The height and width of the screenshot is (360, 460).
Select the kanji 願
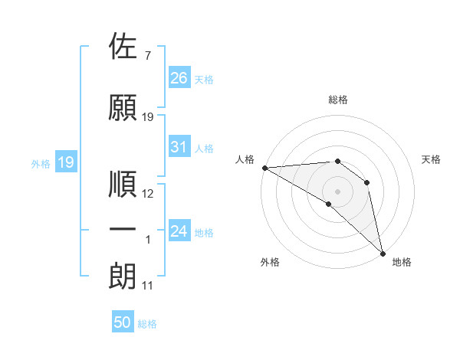click(x=123, y=108)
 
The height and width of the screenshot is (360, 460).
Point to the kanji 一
click(x=123, y=231)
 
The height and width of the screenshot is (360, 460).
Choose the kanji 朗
click(x=123, y=276)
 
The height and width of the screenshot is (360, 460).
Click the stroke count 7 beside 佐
click(x=147, y=56)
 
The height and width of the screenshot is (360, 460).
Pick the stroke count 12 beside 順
click(x=148, y=194)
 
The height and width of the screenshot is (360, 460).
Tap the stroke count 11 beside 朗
click(x=147, y=286)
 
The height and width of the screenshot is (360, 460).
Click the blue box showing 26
click(x=179, y=77)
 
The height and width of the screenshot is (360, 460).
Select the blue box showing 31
click(x=179, y=147)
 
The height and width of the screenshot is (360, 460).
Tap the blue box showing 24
click(x=179, y=231)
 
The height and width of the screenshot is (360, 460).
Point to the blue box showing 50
click(x=123, y=322)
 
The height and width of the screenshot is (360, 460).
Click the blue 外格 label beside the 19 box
click(x=40, y=163)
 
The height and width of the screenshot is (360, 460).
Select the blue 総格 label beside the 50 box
click(x=147, y=324)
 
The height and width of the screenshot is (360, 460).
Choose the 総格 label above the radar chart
click(x=338, y=100)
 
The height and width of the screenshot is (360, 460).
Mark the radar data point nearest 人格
click(x=264, y=167)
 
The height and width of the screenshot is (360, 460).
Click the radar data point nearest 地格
click(x=382, y=253)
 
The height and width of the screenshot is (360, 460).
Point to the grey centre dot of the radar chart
click(x=337, y=191)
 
